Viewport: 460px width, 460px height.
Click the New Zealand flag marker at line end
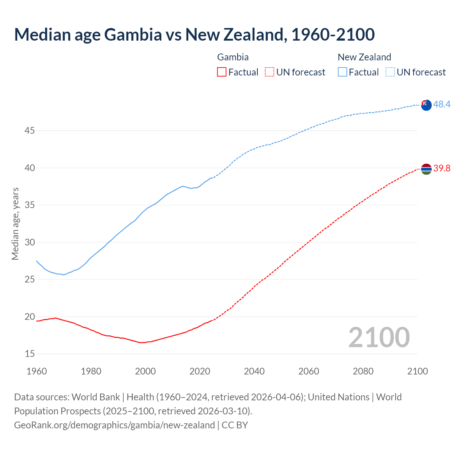[x=426, y=105]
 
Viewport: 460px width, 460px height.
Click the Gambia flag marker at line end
[x=426, y=169]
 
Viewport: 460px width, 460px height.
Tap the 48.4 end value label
[x=442, y=105]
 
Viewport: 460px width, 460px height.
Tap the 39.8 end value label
[x=442, y=168]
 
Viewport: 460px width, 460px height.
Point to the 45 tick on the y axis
[x=29, y=131]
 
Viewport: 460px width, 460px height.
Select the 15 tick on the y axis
[x=29, y=354]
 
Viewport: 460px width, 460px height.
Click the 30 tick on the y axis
[x=29, y=243]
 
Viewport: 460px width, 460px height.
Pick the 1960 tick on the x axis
[x=37, y=371]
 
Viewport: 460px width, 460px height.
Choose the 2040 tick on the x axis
[x=254, y=371]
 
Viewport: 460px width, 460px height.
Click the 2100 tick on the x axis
[x=418, y=371]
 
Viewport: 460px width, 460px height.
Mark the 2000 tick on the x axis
[x=145, y=371]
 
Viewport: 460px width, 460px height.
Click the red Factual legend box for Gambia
[x=222, y=72]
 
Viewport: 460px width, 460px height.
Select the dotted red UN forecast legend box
[x=270, y=72]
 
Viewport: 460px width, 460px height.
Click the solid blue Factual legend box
[x=342, y=72]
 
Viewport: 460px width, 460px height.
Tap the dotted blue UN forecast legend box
[x=390, y=72]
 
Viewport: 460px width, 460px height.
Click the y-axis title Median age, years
[x=15, y=224]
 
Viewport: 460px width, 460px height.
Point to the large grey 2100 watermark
[x=379, y=337]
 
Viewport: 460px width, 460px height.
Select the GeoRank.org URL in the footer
[x=114, y=425]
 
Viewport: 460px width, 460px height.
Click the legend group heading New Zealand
[x=364, y=57]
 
